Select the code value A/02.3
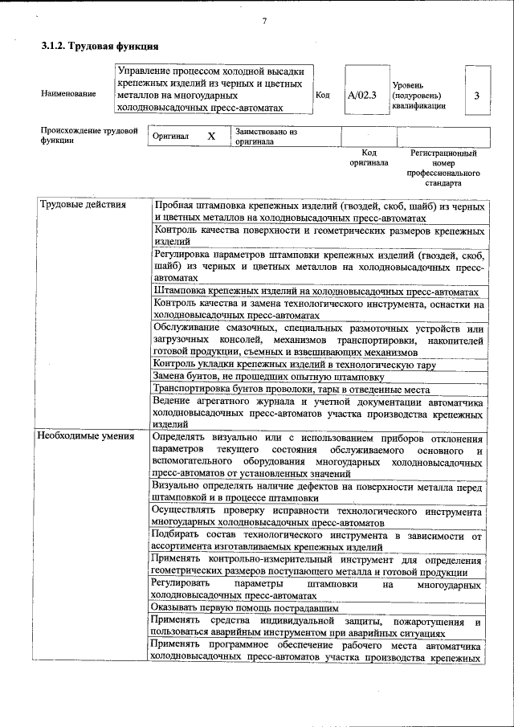coord(362,95)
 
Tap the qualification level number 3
coord(477,96)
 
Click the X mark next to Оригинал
coord(211,137)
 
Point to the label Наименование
coord(68,94)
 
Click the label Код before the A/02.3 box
coord(323,95)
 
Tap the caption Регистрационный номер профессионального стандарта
coord(443,167)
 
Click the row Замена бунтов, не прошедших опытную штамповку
coord(267,376)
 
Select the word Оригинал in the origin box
coord(170,137)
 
